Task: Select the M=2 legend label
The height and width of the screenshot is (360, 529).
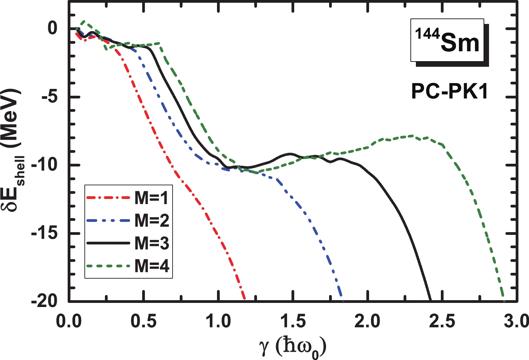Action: pos(151,221)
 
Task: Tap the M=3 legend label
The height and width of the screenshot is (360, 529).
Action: pos(151,243)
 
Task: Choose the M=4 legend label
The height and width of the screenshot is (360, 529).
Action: pos(151,266)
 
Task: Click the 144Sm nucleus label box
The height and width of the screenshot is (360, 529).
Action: pos(447,40)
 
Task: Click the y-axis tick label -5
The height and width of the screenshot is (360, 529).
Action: pos(49,97)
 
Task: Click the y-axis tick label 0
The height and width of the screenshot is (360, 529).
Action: pos(52,28)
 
